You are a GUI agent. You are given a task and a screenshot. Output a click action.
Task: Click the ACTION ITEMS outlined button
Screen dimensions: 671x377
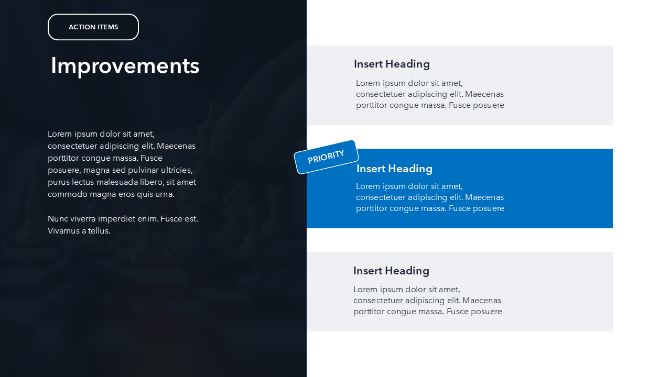93,27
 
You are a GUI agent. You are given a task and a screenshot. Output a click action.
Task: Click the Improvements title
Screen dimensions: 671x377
125,66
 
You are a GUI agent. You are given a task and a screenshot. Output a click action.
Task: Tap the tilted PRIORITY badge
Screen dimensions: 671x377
326,157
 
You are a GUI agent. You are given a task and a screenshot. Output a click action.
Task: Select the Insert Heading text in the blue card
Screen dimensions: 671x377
394,169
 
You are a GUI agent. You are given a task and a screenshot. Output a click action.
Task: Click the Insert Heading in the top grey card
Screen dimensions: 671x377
392,64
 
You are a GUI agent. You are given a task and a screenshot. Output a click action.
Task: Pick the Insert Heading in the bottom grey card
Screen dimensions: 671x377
391,271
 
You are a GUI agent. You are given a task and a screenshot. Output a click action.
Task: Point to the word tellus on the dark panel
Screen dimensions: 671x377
99,231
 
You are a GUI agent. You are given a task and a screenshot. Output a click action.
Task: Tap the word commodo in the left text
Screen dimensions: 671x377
68,194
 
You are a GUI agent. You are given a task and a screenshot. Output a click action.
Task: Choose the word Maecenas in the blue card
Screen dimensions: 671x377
484,197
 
